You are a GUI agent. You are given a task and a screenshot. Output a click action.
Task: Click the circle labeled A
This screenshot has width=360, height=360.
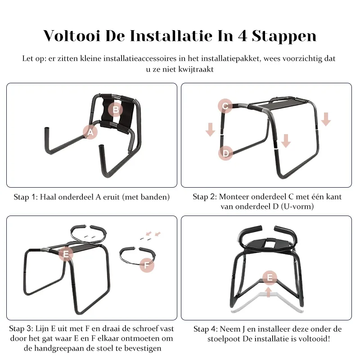(90, 132)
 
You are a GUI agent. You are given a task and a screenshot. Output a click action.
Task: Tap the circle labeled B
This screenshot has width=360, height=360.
(116, 109)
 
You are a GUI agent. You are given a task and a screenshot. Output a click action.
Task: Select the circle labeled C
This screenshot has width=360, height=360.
(225, 106)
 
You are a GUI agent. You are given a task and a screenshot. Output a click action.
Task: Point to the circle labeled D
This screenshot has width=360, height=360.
(226, 153)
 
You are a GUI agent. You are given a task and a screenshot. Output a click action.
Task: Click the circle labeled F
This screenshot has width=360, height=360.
(147, 265)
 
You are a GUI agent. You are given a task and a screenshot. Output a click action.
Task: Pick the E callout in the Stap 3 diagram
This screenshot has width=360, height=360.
(66, 254)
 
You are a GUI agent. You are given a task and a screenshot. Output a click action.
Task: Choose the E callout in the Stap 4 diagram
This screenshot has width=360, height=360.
(270, 278)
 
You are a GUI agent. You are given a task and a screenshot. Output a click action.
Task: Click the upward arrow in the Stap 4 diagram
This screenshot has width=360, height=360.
(269, 292)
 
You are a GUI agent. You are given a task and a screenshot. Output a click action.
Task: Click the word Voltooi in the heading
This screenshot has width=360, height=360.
(72, 36)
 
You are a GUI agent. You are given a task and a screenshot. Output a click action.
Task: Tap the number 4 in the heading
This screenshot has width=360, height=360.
(243, 36)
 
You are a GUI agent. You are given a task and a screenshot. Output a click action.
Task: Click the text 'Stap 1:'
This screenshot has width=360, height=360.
(26, 197)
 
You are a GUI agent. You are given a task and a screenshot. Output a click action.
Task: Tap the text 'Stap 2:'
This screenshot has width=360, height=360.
(205, 197)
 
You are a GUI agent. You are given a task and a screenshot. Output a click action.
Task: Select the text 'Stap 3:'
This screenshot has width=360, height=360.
(21, 328)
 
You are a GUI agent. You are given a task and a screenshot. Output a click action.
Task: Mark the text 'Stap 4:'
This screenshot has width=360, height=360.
(206, 329)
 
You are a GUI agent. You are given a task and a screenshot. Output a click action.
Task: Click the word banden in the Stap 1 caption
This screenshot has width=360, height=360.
(155, 197)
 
